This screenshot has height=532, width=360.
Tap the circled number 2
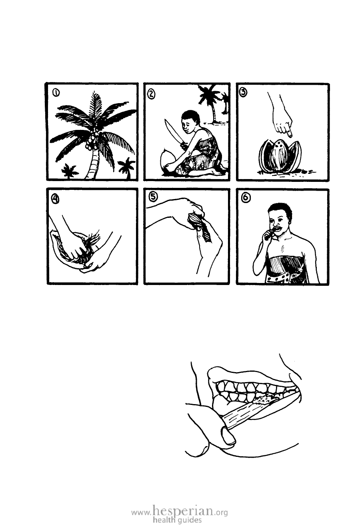tap(151, 94)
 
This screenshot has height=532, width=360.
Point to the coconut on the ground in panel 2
tap(167, 160)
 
